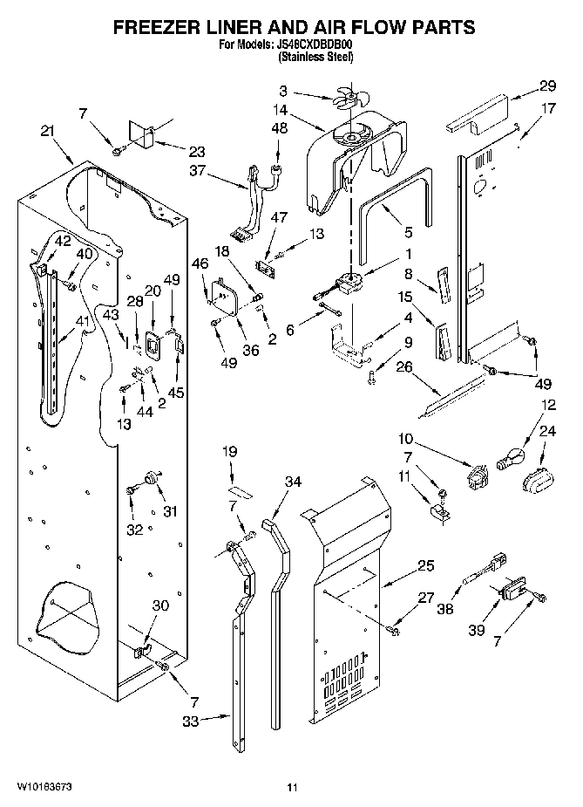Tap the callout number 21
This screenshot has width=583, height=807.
[x=48, y=131]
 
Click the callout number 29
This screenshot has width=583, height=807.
[x=546, y=85]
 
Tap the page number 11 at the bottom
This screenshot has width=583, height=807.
[x=293, y=788]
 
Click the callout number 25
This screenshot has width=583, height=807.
[x=424, y=566]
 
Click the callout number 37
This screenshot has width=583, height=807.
[x=198, y=171]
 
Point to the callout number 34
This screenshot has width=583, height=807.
[x=294, y=481]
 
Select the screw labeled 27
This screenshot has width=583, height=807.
[x=395, y=626]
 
